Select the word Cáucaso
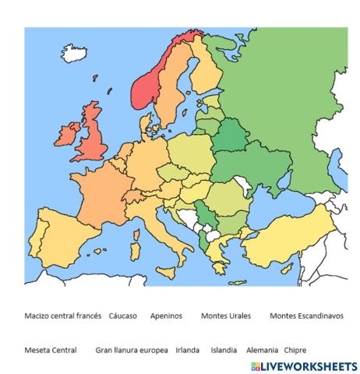click(x=123, y=316)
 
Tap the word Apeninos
click(x=166, y=316)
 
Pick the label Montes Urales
click(x=224, y=316)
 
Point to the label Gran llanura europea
click(x=132, y=350)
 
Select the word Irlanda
click(x=188, y=350)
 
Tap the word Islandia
click(x=224, y=350)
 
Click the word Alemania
click(x=261, y=350)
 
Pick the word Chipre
click(x=295, y=350)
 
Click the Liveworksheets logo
click(x=304, y=365)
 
